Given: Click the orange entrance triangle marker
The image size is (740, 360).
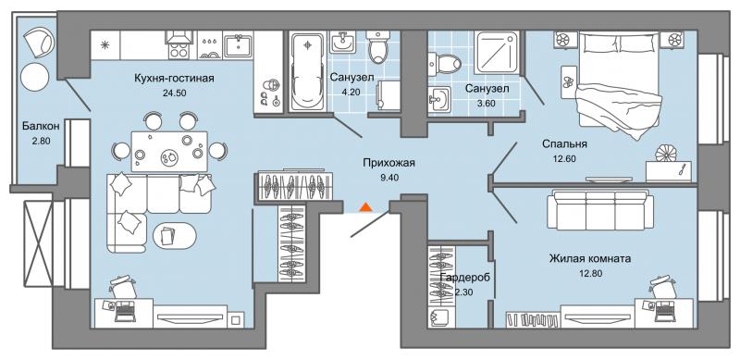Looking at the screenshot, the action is click(x=366, y=207).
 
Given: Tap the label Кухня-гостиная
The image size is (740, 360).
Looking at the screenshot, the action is click(x=174, y=79).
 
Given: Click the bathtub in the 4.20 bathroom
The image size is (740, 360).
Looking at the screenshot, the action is click(x=308, y=71).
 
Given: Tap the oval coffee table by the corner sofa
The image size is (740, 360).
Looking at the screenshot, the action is click(x=175, y=235).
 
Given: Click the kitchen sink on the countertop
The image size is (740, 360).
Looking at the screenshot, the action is click(x=239, y=44).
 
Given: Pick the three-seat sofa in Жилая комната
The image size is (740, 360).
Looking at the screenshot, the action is click(x=600, y=211).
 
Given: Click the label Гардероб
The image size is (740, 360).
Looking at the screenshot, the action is click(x=464, y=278).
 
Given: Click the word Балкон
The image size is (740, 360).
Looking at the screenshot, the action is click(x=41, y=126).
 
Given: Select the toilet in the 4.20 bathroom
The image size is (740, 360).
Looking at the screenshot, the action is click(x=378, y=47).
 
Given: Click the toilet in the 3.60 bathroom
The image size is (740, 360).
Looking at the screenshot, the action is click(x=445, y=62).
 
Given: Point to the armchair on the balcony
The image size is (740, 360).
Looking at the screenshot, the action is click(x=37, y=42).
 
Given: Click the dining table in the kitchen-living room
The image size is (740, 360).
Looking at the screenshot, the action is click(x=169, y=151).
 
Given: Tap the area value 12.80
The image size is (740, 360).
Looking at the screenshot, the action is click(x=590, y=273).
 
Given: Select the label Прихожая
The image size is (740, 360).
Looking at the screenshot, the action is click(x=388, y=164).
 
